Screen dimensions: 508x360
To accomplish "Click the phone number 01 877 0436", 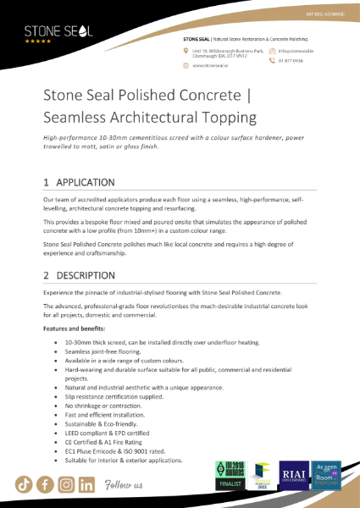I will tap(290, 60).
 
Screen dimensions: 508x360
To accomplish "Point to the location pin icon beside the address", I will tap(186, 52).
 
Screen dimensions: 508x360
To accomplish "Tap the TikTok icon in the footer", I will tap(23, 485).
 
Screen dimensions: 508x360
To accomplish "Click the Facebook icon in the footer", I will tap(44, 485).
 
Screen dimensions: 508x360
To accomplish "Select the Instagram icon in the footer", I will tap(65, 485).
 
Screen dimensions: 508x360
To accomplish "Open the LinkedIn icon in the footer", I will tap(86, 485).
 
